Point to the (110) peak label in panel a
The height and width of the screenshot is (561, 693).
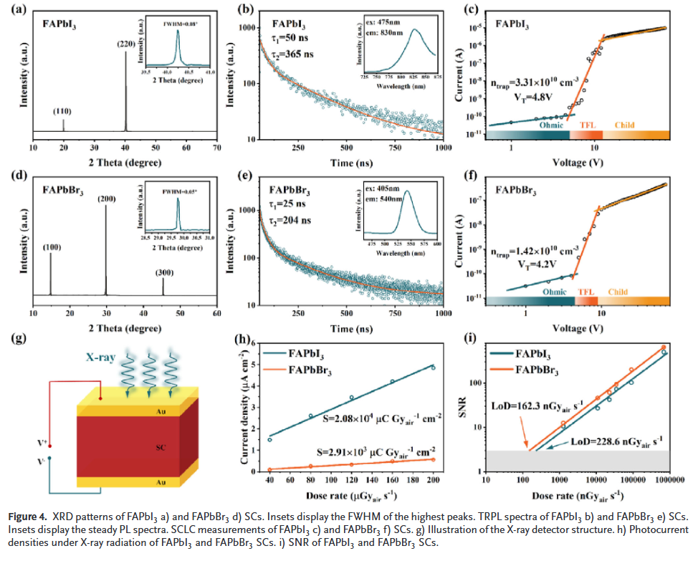[x=63, y=112]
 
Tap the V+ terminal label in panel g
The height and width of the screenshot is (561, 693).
[x=47, y=444]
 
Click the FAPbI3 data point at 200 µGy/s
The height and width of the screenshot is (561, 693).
[x=433, y=368]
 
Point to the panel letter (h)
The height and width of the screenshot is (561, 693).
[x=246, y=335]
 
